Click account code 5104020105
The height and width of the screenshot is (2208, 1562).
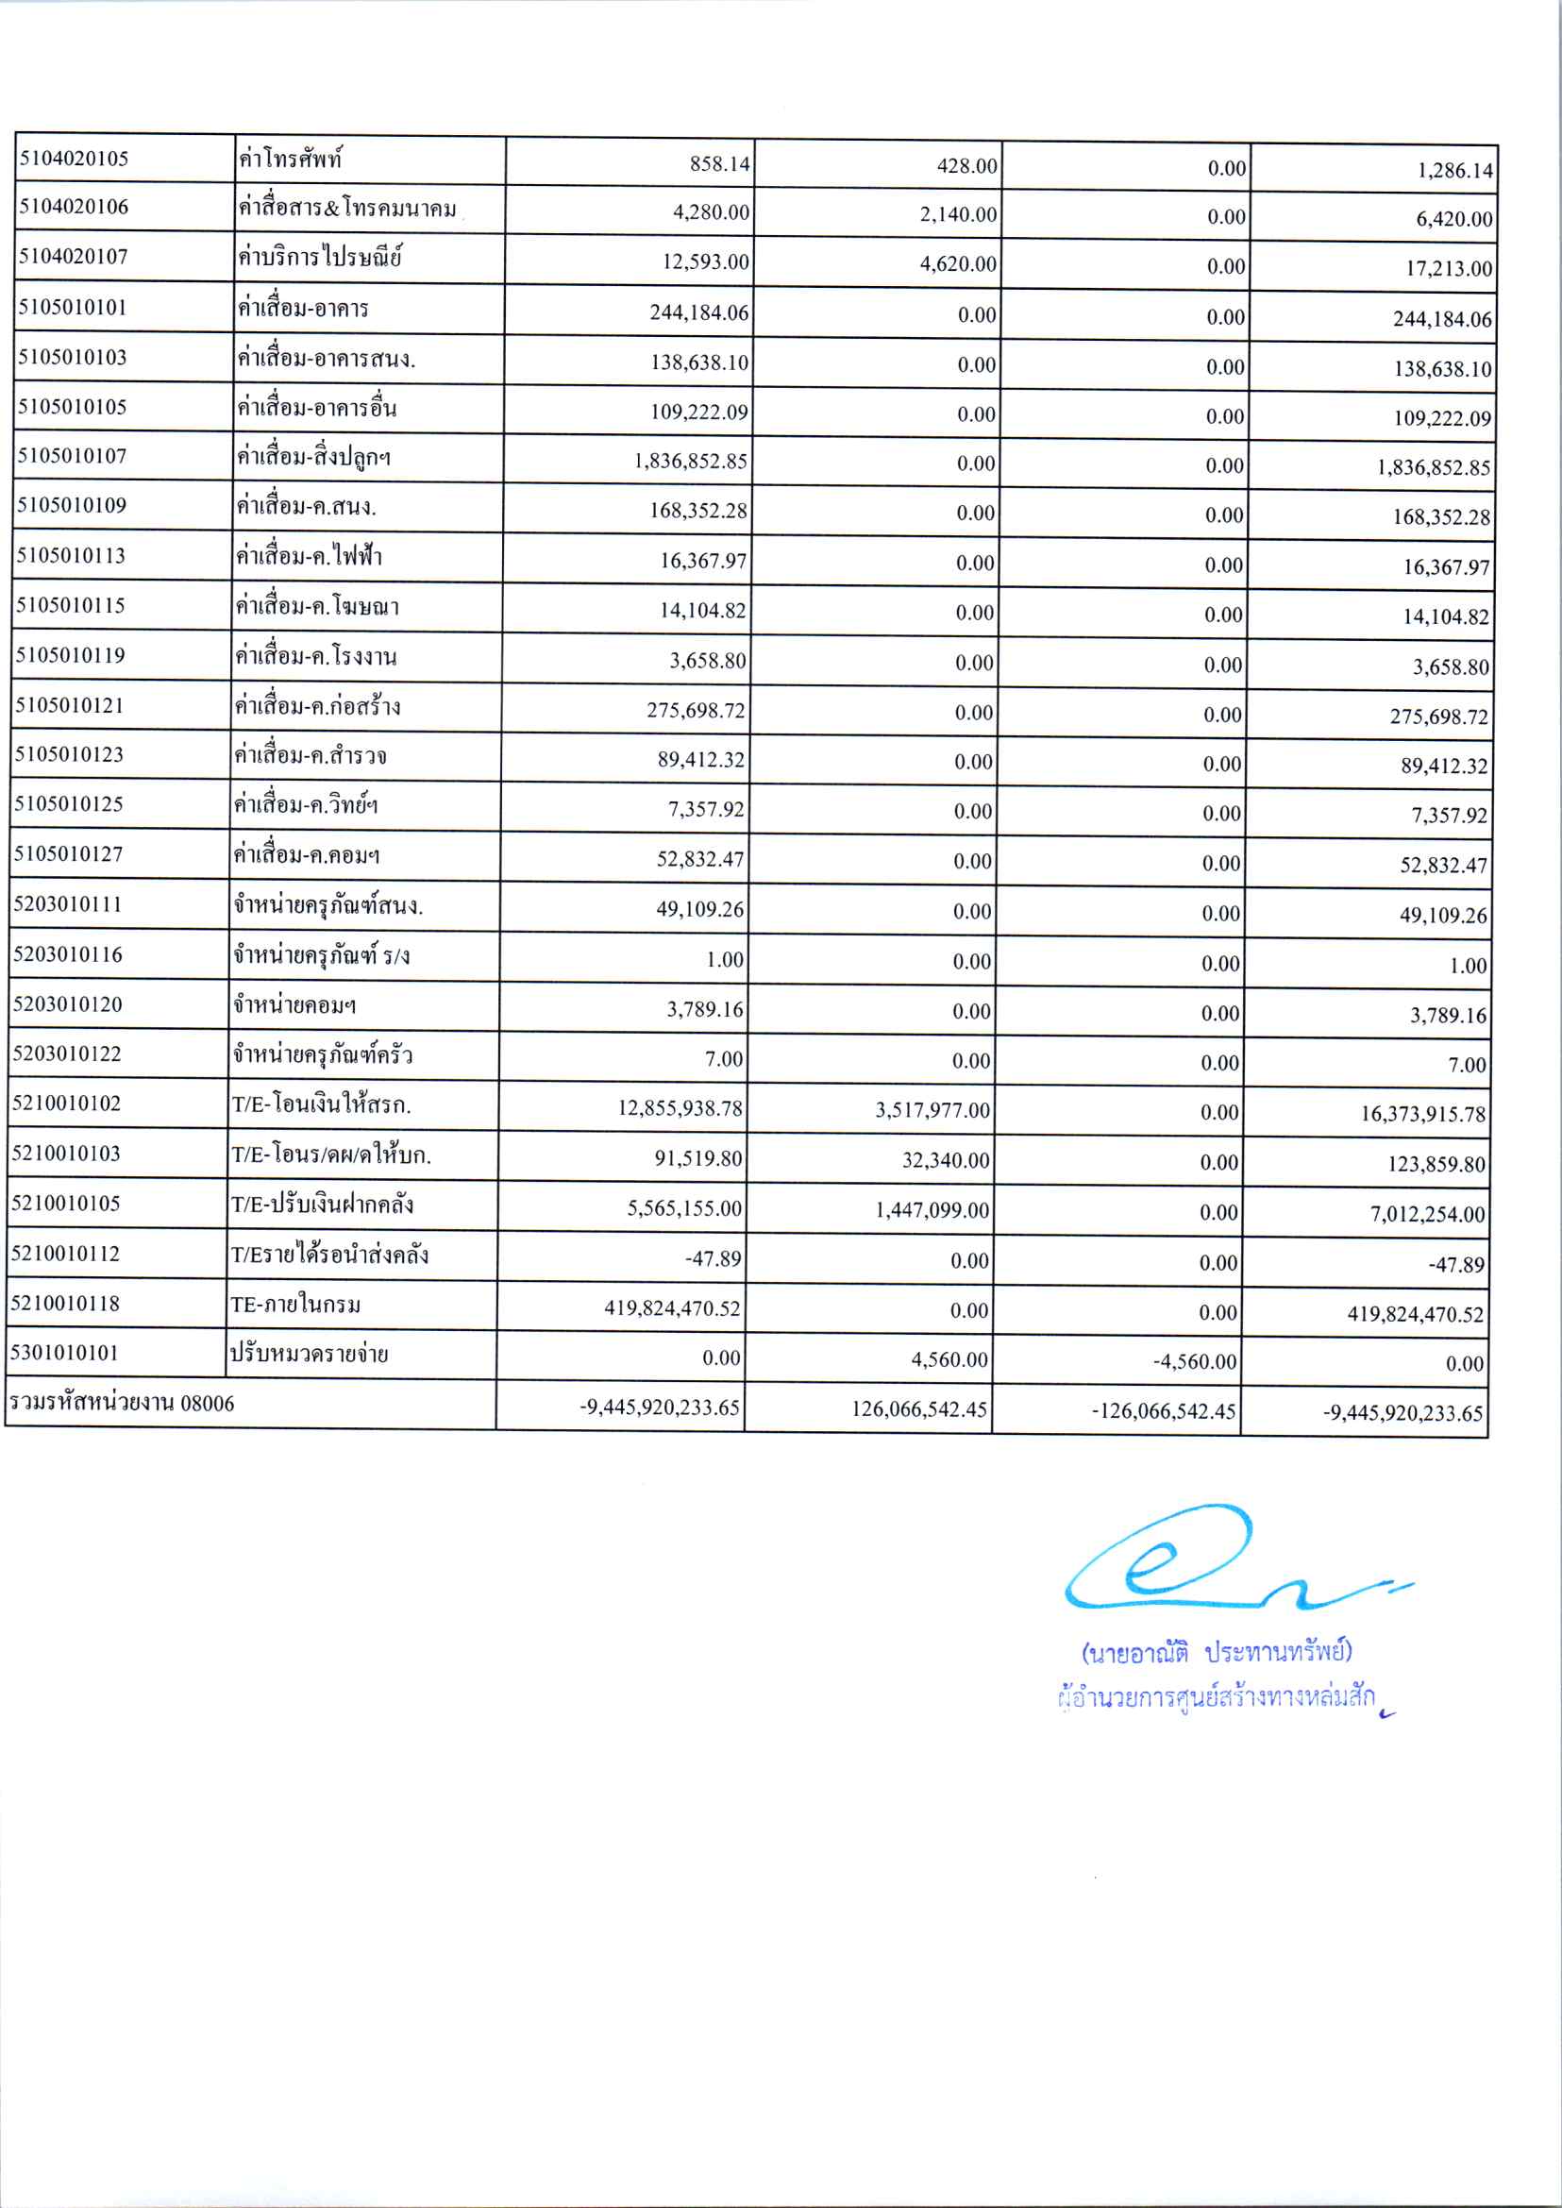point(73,159)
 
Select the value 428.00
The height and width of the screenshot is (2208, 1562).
point(966,165)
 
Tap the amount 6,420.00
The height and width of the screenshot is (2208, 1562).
point(1453,218)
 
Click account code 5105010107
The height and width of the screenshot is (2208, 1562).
point(72,455)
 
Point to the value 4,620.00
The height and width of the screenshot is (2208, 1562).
point(958,263)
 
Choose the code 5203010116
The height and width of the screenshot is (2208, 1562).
point(67,954)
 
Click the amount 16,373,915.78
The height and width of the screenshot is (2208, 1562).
point(1422,1114)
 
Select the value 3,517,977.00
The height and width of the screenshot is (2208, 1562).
point(932,1110)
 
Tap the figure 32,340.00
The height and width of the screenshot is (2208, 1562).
point(946,1160)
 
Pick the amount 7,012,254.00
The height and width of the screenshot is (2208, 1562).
point(1427,1214)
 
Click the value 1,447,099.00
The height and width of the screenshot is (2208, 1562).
point(932,1210)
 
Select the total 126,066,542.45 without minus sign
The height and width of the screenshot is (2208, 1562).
point(918,1409)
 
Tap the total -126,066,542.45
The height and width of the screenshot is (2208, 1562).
point(1164,1411)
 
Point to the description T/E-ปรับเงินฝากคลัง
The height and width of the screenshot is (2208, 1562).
point(322,1205)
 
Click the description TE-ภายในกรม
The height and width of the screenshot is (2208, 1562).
point(295,1305)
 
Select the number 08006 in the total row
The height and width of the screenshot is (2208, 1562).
point(208,1404)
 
